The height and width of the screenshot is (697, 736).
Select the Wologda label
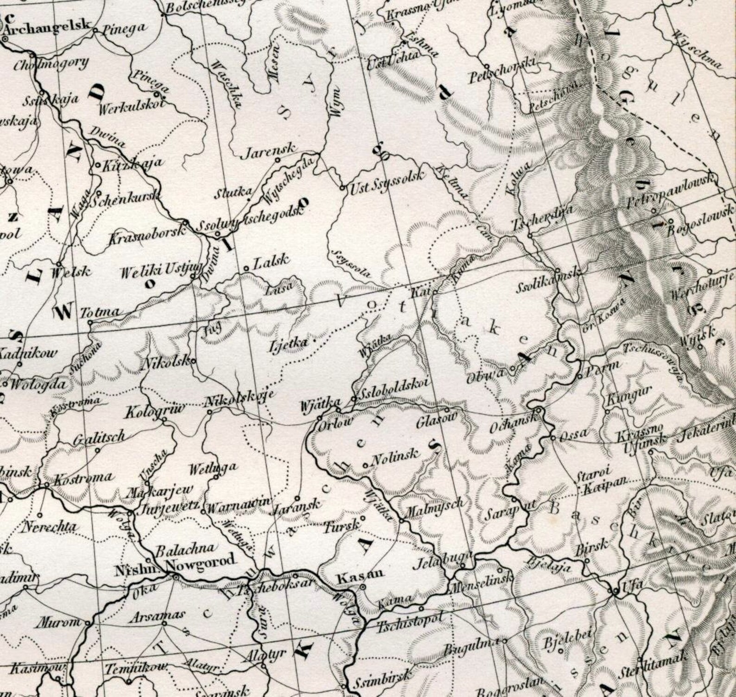38,384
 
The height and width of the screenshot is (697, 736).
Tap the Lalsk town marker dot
246,269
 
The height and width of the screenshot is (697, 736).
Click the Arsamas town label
157,617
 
